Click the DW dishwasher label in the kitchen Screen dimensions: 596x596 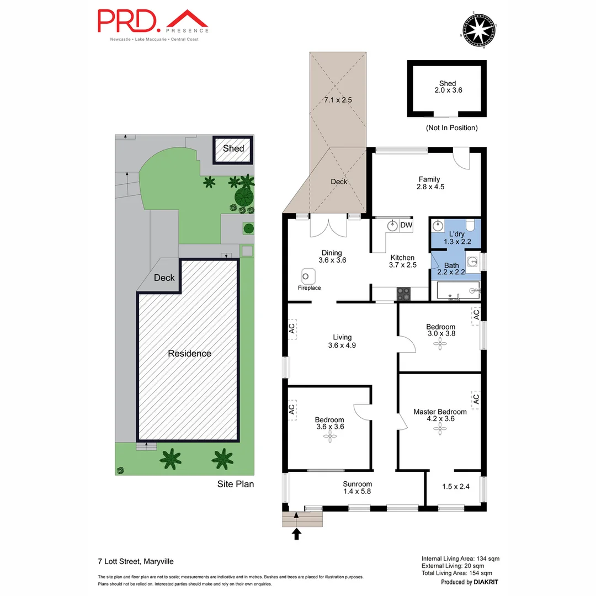[x=406, y=225]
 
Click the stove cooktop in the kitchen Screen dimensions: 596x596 [x=403, y=294]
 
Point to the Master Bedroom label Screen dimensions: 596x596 [x=440, y=412]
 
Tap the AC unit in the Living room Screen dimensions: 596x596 [x=292, y=329]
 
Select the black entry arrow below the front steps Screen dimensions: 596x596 [x=297, y=534]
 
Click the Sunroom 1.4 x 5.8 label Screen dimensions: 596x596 [x=358, y=487]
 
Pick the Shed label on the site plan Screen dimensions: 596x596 [x=233, y=148]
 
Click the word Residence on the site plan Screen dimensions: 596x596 [x=189, y=353]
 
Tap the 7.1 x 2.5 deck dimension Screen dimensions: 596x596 [x=338, y=100]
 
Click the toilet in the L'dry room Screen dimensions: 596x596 [x=470, y=225]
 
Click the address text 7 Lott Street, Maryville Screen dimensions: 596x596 [x=132, y=562]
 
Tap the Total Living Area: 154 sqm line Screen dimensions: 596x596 [x=460, y=573]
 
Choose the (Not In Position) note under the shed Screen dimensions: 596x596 [x=451, y=127]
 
